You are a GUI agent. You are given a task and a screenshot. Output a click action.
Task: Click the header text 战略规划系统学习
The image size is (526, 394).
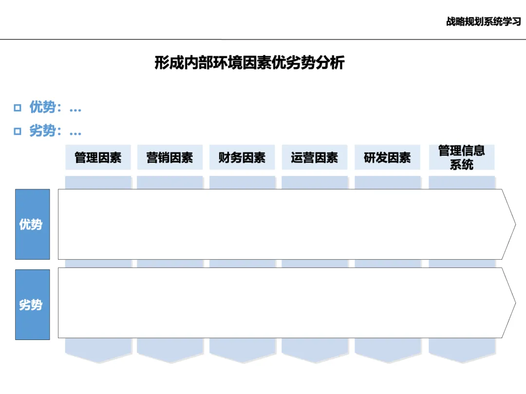click(483, 22)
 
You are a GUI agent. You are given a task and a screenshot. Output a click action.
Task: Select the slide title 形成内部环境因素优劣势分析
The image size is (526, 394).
click(249, 63)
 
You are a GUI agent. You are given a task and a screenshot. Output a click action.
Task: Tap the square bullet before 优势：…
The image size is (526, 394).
click(18, 108)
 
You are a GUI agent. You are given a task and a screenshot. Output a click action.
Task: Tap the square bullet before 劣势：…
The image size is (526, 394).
click(18, 131)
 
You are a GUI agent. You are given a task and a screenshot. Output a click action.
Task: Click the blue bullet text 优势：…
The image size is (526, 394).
click(55, 107)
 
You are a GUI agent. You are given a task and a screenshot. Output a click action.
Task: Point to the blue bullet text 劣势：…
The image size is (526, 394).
click(55, 131)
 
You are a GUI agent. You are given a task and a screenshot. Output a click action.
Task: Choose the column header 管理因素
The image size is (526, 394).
click(98, 158)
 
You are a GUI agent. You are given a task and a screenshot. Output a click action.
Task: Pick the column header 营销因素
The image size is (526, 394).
click(169, 158)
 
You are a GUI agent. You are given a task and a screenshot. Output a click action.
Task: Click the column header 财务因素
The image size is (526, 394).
click(242, 158)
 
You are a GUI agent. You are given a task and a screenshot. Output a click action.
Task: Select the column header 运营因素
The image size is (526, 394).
click(314, 158)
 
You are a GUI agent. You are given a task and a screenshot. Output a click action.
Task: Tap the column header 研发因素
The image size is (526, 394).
click(387, 158)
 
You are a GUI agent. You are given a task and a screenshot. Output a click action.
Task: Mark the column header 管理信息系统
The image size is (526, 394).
click(461, 158)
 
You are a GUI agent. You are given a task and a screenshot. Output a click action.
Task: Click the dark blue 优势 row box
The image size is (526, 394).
click(32, 224)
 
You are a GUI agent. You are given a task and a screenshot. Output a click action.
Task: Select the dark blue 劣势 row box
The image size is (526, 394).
click(32, 304)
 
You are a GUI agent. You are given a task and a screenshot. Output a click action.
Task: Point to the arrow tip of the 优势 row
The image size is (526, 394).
click(511, 224)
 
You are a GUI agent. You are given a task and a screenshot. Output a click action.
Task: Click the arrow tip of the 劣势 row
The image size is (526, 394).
click(511, 303)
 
